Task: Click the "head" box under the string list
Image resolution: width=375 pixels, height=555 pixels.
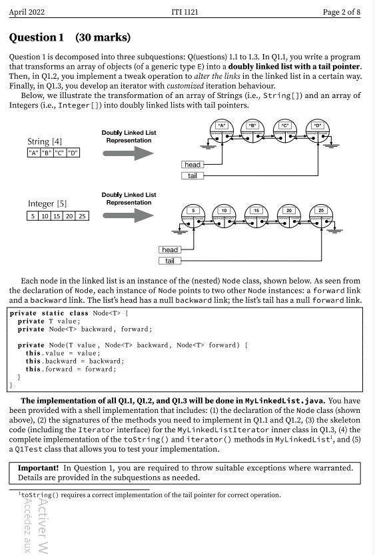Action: point(192,164)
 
